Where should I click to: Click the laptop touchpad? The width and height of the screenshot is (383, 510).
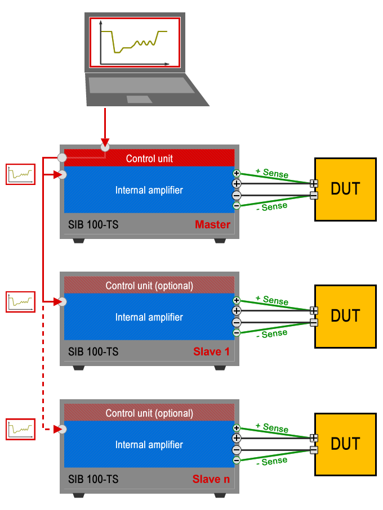[x=139, y=100]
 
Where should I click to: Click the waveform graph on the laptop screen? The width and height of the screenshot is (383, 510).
[x=134, y=42]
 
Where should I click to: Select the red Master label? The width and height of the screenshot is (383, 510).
[x=212, y=225]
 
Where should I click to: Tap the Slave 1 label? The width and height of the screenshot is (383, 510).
[x=211, y=352]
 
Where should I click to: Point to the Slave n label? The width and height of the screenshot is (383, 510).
[x=211, y=479]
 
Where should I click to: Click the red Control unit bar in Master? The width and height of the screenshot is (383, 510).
[x=149, y=158]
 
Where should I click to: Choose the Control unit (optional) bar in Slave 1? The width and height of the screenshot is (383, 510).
[x=149, y=286]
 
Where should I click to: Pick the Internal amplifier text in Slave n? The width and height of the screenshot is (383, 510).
[x=149, y=445]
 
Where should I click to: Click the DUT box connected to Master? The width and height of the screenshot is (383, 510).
[x=345, y=189]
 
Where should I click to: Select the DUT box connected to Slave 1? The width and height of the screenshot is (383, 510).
[x=345, y=316]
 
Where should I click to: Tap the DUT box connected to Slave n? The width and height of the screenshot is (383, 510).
[x=345, y=444]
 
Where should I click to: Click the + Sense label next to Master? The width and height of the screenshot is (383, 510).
[x=272, y=173]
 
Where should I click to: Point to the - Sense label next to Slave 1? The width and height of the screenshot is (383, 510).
[x=271, y=334]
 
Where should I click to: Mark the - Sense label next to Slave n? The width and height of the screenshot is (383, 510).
[x=271, y=462]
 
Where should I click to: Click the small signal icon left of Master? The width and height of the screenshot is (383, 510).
[x=20, y=174]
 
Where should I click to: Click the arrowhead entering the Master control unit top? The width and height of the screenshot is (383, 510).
[x=105, y=141]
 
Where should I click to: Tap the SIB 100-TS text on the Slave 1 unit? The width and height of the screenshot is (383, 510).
[x=93, y=352]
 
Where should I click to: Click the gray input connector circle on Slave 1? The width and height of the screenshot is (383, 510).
[x=63, y=302]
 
